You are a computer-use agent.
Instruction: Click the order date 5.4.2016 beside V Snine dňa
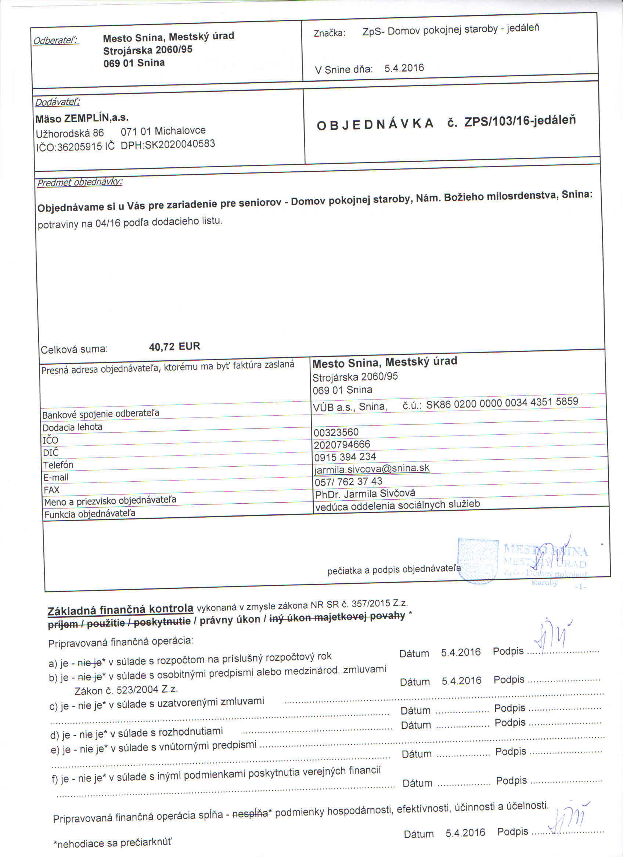404,68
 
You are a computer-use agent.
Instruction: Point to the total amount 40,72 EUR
174,346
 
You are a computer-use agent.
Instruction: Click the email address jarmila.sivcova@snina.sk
372,469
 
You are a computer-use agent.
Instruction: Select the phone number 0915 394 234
345,457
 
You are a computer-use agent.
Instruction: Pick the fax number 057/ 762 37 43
348,481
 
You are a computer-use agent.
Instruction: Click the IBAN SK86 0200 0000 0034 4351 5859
502,403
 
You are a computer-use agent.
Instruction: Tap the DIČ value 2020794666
342,445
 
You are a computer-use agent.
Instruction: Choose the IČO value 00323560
336,432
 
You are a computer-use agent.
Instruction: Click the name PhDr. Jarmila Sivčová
365,493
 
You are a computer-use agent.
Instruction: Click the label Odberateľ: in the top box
56,40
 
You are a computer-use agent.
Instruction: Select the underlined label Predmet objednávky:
79,182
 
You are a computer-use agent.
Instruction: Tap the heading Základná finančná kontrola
120,609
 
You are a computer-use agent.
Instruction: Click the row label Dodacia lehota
72,427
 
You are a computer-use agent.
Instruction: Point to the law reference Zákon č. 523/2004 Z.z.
126,690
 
